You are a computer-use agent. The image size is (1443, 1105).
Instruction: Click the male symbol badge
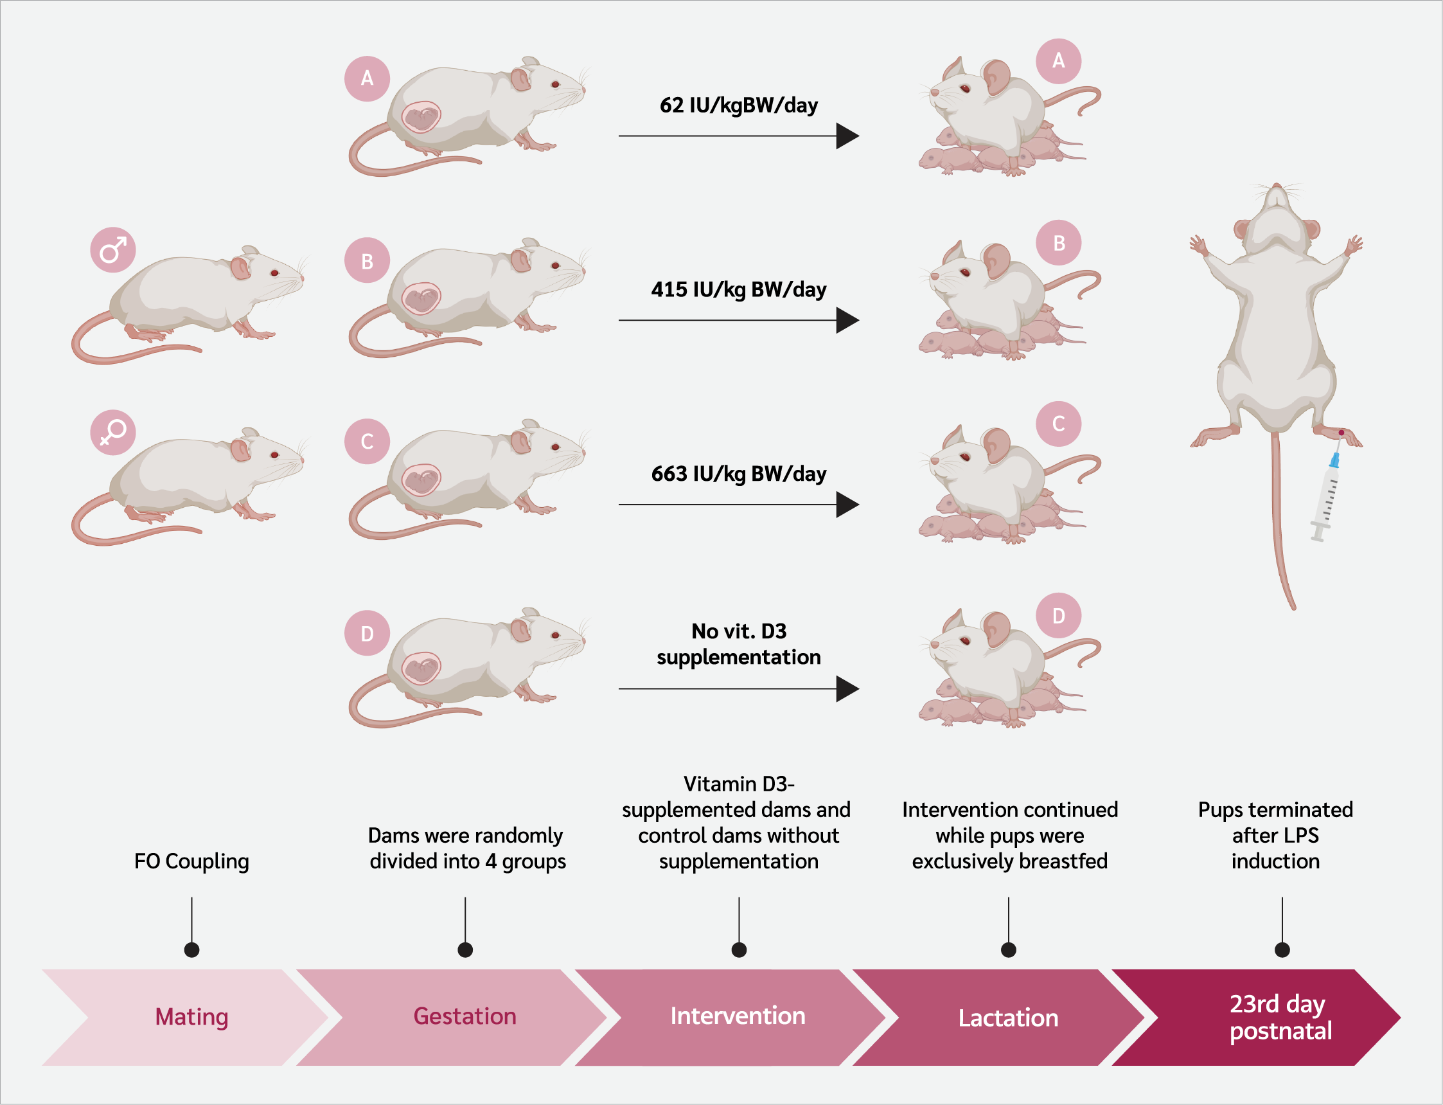pyautogui.click(x=113, y=250)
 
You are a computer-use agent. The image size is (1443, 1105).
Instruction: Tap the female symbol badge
pyautogui.click(x=113, y=432)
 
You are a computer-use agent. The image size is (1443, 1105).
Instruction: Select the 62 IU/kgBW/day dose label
pyautogui.click(x=738, y=105)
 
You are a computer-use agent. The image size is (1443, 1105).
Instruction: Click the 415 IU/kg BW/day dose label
pyautogui.click(x=738, y=289)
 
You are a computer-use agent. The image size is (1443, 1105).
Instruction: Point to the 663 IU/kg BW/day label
pyautogui.click(x=738, y=474)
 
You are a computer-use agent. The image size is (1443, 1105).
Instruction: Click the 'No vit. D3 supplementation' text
pyautogui.click(x=738, y=644)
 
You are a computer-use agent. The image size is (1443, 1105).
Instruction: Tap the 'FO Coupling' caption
pyautogui.click(x=191, y=861)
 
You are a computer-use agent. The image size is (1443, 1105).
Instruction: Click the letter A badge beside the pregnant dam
pyautogui.click(x=367, y=78)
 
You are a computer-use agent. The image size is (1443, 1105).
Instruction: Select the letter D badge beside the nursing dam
pyautogui.click(x=1058, y=616)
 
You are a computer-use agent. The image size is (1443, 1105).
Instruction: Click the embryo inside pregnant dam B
pyautogui.click(x=421, y=300)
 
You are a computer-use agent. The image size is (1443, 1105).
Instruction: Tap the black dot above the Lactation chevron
pyautogui.click(x=1009, y=950)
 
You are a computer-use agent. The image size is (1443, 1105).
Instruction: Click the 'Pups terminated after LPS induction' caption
pyautogui.click(x=1275, y=835)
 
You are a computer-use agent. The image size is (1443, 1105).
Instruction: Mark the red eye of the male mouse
pyautogui.click(x=275, y=273)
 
